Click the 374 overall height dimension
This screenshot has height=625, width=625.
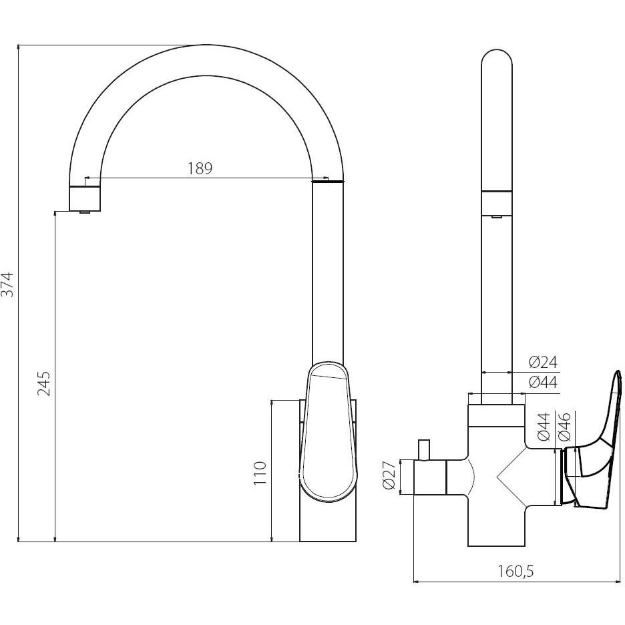7,284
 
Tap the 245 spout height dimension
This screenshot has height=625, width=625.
44,383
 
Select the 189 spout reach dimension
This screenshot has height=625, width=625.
200,169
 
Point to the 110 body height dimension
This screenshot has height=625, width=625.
260,473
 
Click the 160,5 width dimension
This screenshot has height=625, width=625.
515,572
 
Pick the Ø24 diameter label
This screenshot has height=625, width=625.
543,363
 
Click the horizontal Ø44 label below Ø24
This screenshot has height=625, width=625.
543,382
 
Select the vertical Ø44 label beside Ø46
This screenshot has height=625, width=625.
544,427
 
